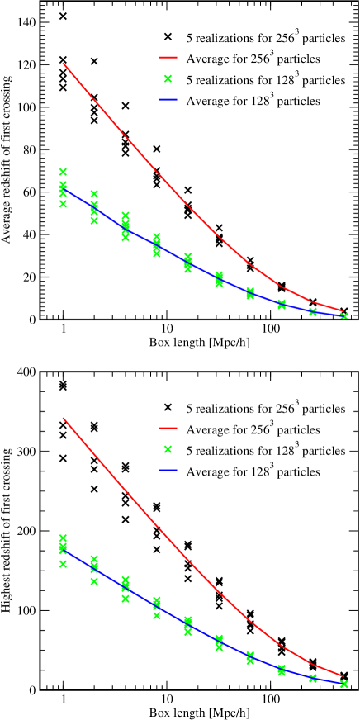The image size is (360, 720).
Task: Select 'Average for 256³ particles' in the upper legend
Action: (x=253, y=59)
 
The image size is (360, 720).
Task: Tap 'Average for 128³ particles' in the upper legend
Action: (x=253, y=102)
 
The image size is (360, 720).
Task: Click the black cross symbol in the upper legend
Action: (x=168, y=37)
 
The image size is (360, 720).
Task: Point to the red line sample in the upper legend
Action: (x=168, y=59)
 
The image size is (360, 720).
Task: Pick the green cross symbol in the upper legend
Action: (x=168, y=80)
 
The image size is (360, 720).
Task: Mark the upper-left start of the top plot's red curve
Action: (x=63, y=63)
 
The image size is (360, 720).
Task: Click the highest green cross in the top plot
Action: (x=63, y=172)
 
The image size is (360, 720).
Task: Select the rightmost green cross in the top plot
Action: (x=344, y=315)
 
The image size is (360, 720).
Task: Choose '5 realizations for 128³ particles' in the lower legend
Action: (x=265, y=451)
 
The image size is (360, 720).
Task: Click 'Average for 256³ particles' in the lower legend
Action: (x=253, y=429)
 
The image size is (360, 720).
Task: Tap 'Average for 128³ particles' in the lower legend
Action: (x=253, y=472)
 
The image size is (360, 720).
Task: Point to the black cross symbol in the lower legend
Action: (x=168, y=408)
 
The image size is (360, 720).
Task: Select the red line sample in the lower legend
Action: (x=168, y=429)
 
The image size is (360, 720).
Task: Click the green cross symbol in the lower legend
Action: (x=168, y=451)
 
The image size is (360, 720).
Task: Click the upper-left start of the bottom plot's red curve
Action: (x=63, y=418)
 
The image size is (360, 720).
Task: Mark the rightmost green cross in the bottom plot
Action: (x=344, y=684)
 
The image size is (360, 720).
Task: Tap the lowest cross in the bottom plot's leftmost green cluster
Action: (x=63, y=564)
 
